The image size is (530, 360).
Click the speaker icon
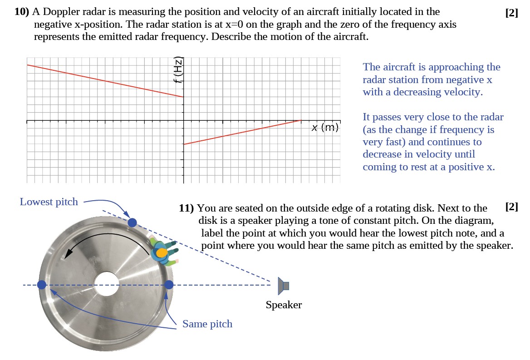(x=284, y=286)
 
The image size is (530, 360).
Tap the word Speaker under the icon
(x=284, y=305)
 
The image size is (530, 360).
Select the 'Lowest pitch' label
(x=49, y=202)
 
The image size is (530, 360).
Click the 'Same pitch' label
(x=207, y=324)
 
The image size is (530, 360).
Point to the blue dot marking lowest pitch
(x=132, y=222)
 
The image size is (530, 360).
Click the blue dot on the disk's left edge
(x=42, y=285)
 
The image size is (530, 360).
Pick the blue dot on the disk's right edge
(x=169, y=285)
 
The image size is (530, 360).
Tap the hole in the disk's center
(x=106, y=284)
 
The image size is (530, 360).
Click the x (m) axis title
(x=325, y=128)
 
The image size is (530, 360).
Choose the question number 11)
(x=186, y=208)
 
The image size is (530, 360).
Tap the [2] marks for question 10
(x=511, y=13)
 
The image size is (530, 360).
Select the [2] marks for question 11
(x=511, y=207)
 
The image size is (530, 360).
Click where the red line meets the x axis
(x=301, y=120)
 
